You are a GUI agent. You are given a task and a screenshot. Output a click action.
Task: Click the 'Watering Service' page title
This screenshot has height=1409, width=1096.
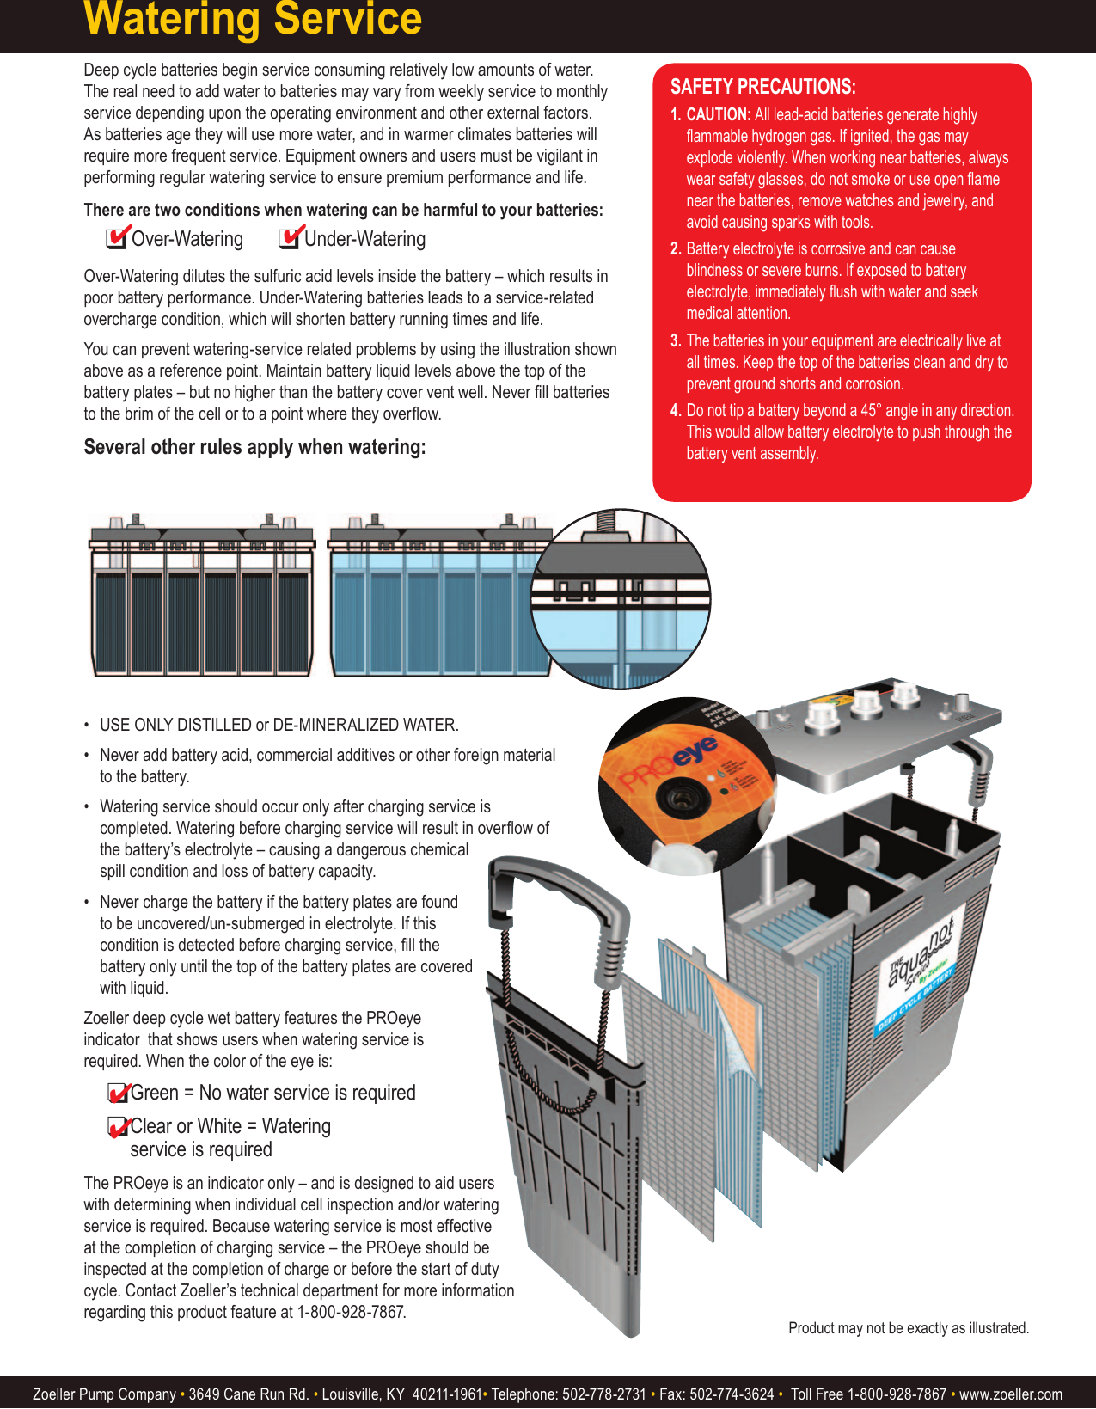pyautogui.click(x=253, y=19)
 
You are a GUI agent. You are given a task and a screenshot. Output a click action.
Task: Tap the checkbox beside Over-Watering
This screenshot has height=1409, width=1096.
pyautogui.click(x=116, y=238)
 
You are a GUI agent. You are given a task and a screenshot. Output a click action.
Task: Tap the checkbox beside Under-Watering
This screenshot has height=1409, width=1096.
pyautogui.click(x=290, y=238)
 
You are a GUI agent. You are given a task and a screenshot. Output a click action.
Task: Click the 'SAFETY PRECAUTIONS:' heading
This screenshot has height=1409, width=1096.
pyautogui.click(x=762, y=87)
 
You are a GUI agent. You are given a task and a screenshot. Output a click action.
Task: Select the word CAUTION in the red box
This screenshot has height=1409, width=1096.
pyautogui.click(x=718, y=115)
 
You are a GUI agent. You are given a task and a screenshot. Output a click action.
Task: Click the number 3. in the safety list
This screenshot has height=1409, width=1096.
pyautogui.click(x=676, y=341)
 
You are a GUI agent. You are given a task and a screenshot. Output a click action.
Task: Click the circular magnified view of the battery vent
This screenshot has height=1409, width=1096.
pyautogui.click(x=621, y=599)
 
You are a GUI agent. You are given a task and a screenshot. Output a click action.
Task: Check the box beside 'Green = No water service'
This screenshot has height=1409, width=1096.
pyautogui.click(x=117, y=1094)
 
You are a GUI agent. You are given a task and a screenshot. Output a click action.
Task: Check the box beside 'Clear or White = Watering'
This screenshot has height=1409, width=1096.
pyautogui.click(x=117, y=1127)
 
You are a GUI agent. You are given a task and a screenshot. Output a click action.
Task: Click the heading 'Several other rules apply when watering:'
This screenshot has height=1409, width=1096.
pyautogui.click(x=254, y=448)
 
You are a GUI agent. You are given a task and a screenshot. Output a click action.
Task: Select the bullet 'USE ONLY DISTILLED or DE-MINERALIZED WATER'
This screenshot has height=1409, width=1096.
pyautogui.click(x=279, y=726)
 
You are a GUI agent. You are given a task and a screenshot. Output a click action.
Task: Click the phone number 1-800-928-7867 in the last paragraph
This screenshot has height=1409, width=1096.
pyautogui.click(x=351, y=1313)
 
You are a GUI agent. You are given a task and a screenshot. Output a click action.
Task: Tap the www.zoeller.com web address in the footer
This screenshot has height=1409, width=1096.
pyautogui.click(x=1010, y=1394)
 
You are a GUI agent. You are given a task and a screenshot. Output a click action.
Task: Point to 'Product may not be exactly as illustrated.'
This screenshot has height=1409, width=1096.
pyautogui.click(x=908, y=1328)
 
